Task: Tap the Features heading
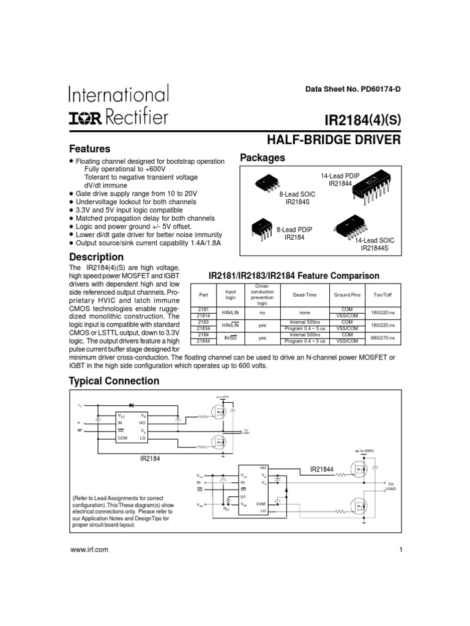[89, 149]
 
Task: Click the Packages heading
[263, 158]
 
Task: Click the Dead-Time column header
[305, 295]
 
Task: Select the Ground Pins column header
[347, 295]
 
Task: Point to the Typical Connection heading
[114, 381]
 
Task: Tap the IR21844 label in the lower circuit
[322, 469]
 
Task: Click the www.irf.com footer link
[89, 550]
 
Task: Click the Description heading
[96, 257]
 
